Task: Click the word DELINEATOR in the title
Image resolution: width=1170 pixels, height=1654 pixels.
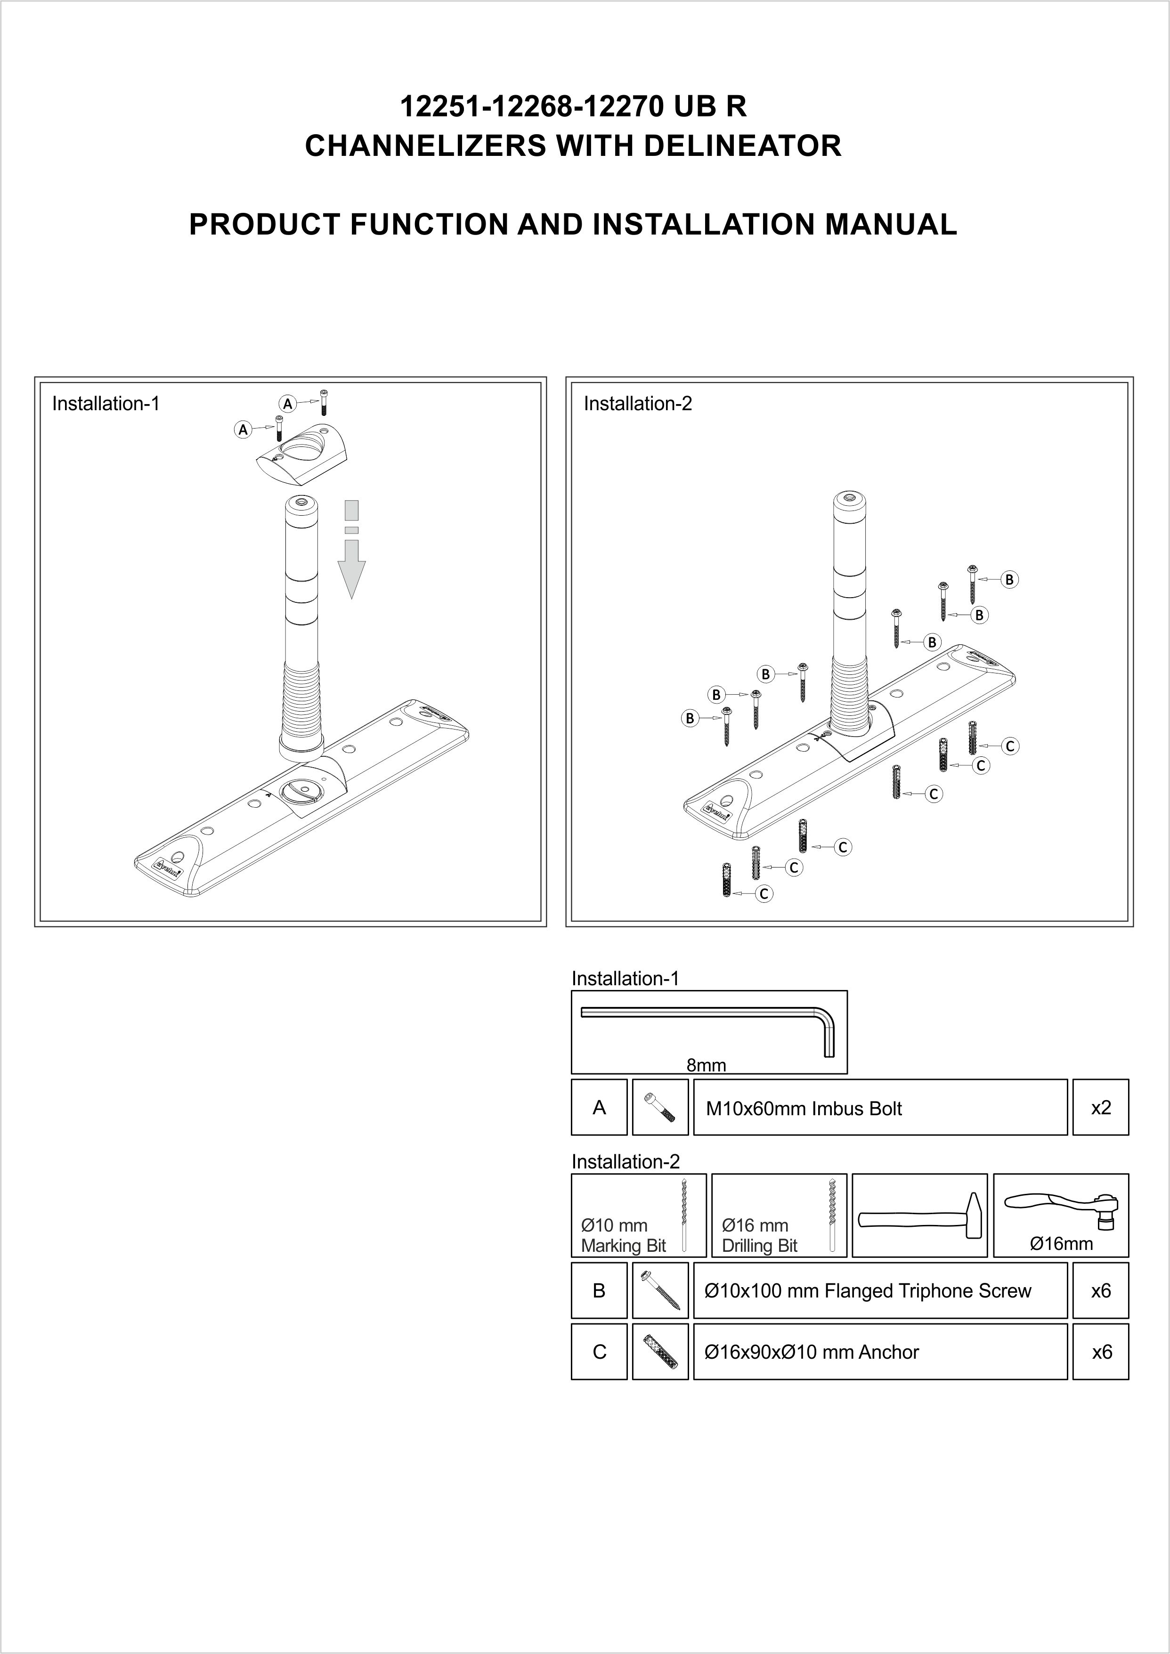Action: [741, 146]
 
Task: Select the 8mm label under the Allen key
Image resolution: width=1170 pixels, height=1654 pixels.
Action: [706, 1065]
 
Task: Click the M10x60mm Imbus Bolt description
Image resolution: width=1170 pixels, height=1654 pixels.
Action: [803, 1109]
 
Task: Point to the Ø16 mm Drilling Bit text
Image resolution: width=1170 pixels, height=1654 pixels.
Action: [759, 1235]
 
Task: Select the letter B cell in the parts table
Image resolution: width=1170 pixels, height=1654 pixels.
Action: [599, 1291]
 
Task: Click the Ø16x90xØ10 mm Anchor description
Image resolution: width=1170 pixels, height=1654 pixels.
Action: [811, 1352]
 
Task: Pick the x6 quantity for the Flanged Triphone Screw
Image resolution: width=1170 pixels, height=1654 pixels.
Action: [1100, 1291]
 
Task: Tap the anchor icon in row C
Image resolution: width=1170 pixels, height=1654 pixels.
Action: [660, 1352]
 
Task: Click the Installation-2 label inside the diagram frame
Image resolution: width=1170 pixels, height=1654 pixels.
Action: [638, 404]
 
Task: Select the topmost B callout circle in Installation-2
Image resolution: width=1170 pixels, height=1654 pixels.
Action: [1010, 579]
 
